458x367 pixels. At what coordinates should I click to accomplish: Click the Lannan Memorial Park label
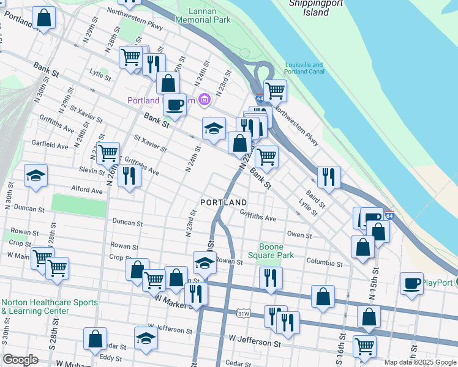click(x=203, y=15)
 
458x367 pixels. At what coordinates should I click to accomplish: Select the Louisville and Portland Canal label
click(x=304, y=69)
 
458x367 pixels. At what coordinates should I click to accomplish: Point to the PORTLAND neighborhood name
click(x=223, y=202)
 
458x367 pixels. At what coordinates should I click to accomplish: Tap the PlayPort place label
click(x=437, y=283)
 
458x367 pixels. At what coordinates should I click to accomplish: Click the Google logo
click(x=20, y=359)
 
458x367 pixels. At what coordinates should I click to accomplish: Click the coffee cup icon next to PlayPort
click(x=411, y=283)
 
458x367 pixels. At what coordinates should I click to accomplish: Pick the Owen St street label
click(x=299, y=235)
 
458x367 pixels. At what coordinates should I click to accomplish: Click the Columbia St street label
click(x=325, y=264)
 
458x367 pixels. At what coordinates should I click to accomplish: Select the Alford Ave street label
click(x=87, y=190)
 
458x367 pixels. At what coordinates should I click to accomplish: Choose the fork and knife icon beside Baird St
click(x=329, y=176)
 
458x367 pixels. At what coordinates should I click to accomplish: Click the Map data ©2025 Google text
click(x=419, y=361)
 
